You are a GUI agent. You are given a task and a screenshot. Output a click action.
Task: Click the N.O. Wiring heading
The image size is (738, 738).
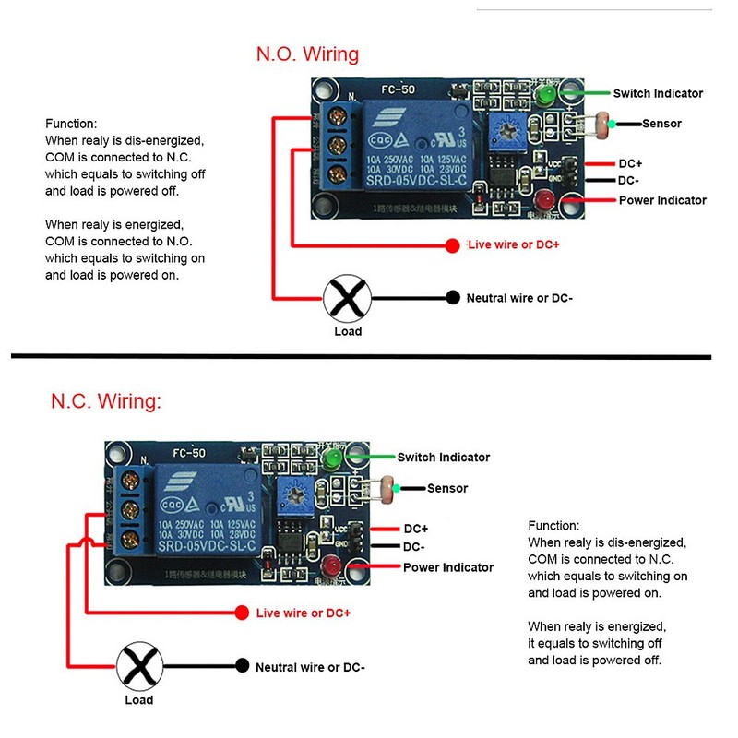tap(307, 54)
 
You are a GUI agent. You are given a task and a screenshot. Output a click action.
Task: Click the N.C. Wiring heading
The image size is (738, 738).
tap(106, 402)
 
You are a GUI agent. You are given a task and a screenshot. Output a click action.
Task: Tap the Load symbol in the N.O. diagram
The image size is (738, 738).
tap(347, 298)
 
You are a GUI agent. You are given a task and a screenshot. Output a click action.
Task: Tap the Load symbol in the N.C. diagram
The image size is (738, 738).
tap(138, 666)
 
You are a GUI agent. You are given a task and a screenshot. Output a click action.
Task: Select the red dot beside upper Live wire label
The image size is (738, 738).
tap(452, 245)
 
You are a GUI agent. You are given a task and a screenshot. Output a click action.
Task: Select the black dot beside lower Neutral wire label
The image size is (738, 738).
tap(243, 666)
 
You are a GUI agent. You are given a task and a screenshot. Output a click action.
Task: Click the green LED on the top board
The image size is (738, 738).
tap(547, 94)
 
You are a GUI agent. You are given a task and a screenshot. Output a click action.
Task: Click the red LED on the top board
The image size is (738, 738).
tap(544, 200)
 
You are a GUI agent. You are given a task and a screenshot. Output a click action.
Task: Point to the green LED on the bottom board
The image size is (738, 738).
tap(332, 458)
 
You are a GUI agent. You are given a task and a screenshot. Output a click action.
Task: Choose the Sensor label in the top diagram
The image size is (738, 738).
tap(661, 124)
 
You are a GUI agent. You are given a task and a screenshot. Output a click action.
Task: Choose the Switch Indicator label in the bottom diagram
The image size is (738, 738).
tap(443, 457)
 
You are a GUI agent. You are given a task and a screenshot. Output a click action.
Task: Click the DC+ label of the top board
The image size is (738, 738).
tap(630, 163)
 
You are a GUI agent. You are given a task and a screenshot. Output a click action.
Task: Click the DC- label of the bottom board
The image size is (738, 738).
tap(414, 546)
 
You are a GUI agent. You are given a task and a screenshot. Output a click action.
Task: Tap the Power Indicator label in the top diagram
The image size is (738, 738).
tap(661, 200)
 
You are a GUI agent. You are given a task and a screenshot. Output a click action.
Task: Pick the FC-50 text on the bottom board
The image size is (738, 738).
tap(189, 453)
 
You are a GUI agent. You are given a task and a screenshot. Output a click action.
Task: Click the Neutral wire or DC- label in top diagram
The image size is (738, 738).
tap(519, 298)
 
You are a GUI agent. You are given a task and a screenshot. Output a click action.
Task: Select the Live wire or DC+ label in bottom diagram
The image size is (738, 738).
tap(303, 613)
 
